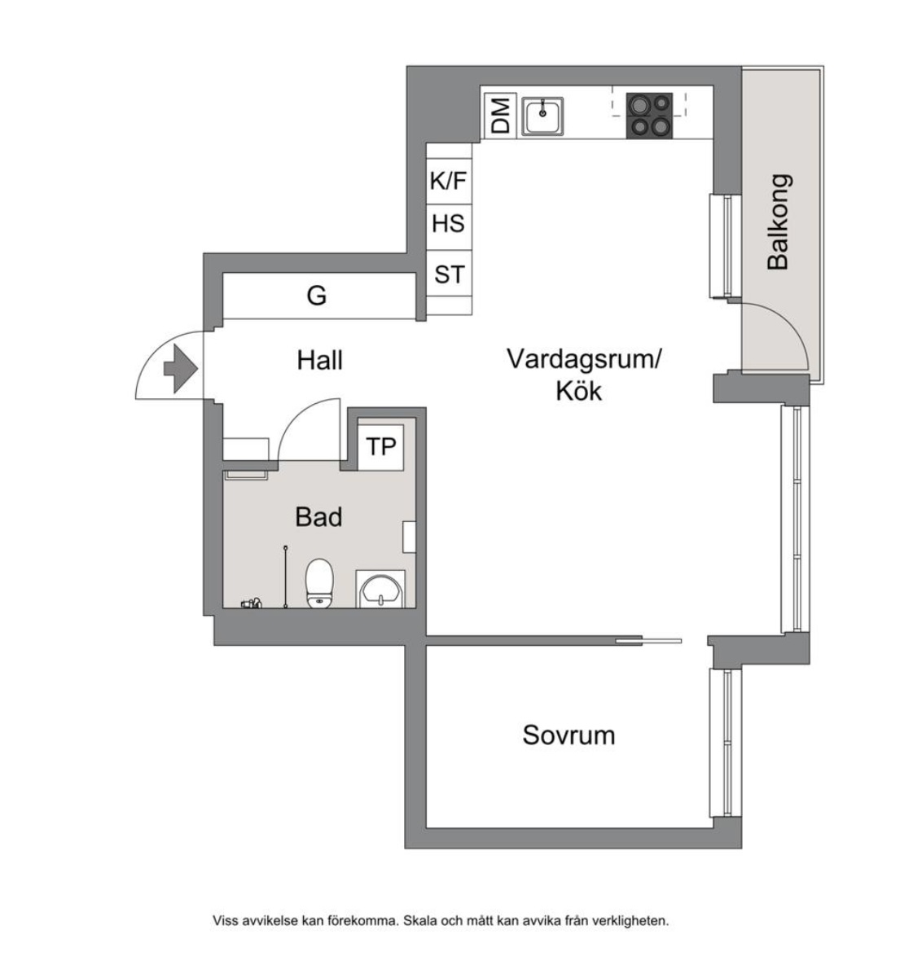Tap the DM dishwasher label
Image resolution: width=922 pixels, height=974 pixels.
tap(501, 116)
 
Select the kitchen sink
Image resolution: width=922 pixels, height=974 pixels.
tap(542, 116)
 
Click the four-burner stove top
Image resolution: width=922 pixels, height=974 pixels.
tap(649, 116)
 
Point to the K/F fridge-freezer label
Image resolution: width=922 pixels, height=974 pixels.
tap(448, 181)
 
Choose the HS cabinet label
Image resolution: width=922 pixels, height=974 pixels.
tap(448, 224)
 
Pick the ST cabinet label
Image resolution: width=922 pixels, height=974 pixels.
tap(450, 274)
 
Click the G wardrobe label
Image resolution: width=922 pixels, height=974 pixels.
tap(317, 295)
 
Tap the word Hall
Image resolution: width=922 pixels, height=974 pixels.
tap(320, 360)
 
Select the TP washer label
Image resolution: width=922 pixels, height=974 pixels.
tap(381, 446)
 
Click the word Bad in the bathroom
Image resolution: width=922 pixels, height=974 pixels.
tap(318, 517)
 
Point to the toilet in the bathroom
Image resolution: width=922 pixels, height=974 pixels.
tap(320, 583)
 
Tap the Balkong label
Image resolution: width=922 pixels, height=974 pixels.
tap(778, 222)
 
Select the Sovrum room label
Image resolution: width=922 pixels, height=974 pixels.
tap(569, 735)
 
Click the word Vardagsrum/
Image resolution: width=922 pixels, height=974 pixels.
tap(584, 359)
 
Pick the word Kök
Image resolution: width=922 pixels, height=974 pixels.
tap(579, 392)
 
